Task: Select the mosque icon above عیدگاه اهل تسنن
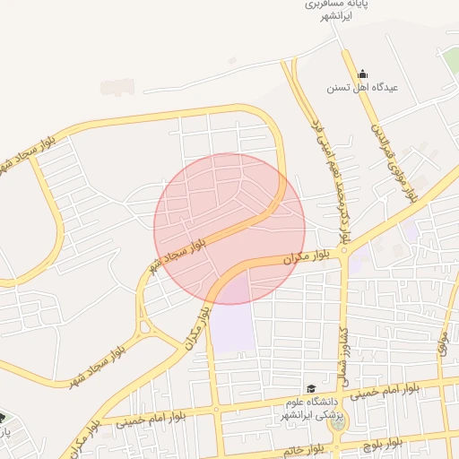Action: point(362,74)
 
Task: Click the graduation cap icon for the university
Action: point(310,388)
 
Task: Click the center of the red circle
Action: point(229,229)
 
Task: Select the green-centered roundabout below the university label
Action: point(337,423)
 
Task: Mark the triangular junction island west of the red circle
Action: point(144,326)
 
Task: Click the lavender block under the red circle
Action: point(231,318)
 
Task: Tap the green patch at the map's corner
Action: point(450,58)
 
